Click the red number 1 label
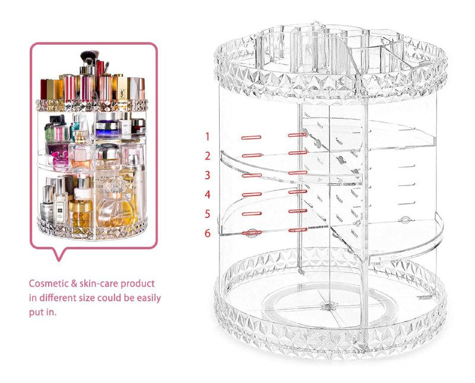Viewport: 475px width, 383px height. pyautogui.click(x=207, y=137)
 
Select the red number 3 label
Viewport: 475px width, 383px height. pyautogui.click(x=207, y=175)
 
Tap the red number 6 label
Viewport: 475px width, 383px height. pyautogui.click(x=207, y=233)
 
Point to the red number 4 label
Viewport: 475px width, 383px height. pyautogui.click(x=207, y=194)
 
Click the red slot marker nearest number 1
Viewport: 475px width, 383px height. pyautogui.click(x=251, y=137)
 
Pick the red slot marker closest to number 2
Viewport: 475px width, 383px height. pyautogui.click(x=251, y=156)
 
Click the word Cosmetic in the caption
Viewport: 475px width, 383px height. pyautogui.click(x=49, y=284)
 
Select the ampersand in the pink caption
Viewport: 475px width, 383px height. pyautogui.click(x=75, y=284)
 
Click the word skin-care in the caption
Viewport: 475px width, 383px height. pyautogui.click(x=100, y=284)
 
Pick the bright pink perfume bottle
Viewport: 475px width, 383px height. pyautogui.click(x=60, y=159)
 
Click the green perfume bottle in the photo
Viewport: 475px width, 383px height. pyautogui.click(x=56, y=129)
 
